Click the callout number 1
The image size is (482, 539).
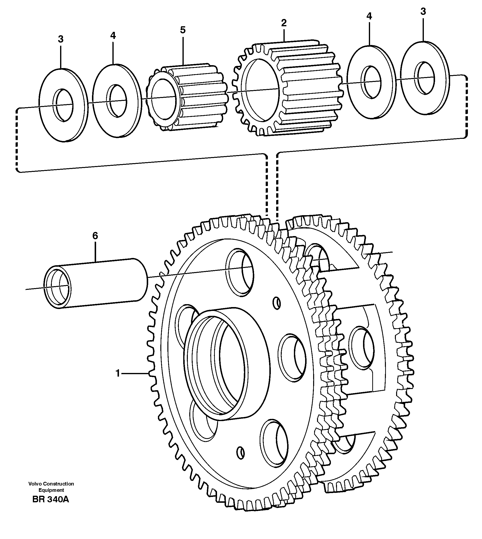[x=118, y=374]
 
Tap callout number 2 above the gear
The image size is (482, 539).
[x=284, y=23]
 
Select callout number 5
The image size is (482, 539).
[x=183, y=30]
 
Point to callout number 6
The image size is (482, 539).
[x=95, y=236]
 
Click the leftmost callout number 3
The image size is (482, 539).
[x=61, y=39]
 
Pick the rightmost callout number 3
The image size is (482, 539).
[x=423, y=12]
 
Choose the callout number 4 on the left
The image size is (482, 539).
[x=113, y=35]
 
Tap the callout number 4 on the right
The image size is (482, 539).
[x=369, y=16]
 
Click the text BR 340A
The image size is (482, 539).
[x=51, y=499]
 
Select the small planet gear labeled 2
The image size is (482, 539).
[x=287, y=89]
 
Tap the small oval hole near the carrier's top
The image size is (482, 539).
[x=277, y=302]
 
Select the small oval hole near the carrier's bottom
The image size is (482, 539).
[x=240, y=453]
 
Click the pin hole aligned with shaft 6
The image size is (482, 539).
[x=240, y=272]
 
